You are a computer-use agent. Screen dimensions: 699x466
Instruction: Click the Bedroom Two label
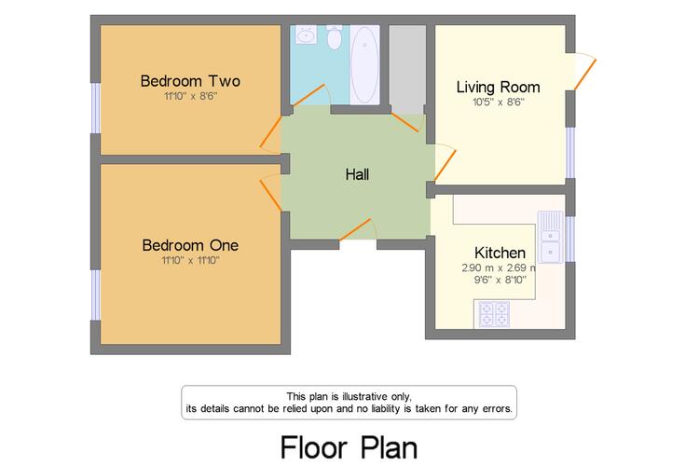point(190,81)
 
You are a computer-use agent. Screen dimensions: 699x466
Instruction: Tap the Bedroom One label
point(190,245)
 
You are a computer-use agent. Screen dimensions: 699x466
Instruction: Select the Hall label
point(357,174)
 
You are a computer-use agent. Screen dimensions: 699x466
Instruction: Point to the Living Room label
point(498,88)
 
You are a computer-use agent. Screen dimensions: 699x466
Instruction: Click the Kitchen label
point(500,253)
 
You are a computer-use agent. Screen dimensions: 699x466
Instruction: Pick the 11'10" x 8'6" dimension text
point(190,96)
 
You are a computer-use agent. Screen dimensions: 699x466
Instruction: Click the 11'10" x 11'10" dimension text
point(190,260)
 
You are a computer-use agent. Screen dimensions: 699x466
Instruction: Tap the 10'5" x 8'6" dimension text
point(499,103)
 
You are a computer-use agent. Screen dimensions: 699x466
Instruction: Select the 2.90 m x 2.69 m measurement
point(499,268)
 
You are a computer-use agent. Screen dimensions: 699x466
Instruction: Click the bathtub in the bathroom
point(364,65)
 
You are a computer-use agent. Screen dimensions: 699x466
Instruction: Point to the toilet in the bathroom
point(334,37)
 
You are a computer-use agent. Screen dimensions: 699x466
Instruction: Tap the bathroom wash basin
point(306,34)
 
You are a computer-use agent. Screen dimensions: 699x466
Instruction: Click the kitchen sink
point(551,237)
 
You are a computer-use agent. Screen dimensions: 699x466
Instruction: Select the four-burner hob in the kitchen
point(494,314)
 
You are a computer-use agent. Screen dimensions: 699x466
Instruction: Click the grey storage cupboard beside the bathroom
point(407,70)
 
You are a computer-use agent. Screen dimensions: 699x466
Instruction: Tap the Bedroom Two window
point(95,108)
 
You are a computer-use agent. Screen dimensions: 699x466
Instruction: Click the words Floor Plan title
point(349,447)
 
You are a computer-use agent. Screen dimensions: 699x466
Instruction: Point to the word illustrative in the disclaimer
point(364,396)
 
